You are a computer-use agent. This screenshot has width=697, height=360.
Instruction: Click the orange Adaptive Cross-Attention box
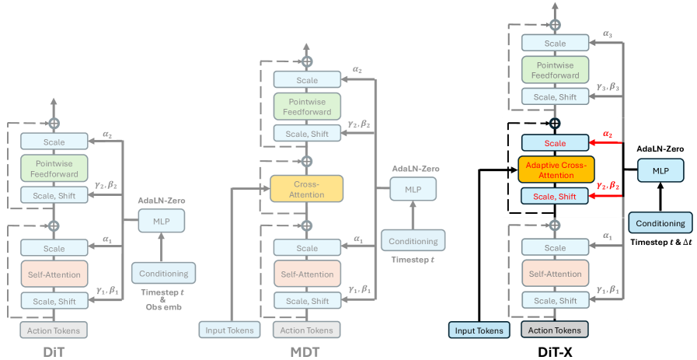(x=555, y=170)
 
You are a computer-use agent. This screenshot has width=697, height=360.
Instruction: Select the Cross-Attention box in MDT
(x=306, y=188)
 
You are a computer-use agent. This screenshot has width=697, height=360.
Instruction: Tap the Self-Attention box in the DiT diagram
(x=54, y=274)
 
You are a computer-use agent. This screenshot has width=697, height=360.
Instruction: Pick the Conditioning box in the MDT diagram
(x=413, y=241)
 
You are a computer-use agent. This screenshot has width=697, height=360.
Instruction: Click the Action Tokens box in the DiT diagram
(x=54, y=330)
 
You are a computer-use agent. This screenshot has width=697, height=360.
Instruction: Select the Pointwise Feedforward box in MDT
(x=306, y=107)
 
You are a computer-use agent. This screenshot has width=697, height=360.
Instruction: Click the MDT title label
(x=306, y=351)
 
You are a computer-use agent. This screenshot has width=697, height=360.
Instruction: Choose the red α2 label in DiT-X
(x=608, y=134)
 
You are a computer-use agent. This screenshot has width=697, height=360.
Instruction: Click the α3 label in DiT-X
(x=608, y=34)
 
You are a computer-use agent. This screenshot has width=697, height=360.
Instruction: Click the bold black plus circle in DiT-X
(x=555, y=124)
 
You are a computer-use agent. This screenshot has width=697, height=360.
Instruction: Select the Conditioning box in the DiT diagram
(x=163, y=274)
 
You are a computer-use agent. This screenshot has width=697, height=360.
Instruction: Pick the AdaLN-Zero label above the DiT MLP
(x=162, y=201)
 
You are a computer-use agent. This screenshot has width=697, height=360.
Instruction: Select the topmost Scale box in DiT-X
(x=555, y=44)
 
